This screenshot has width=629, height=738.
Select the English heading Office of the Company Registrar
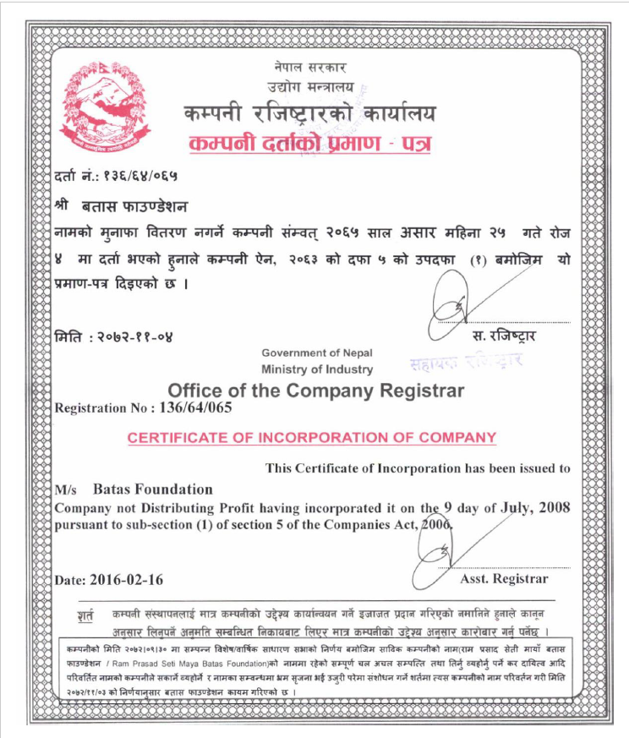tap(316, 391)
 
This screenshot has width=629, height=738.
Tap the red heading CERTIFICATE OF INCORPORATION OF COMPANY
tap(311, 437)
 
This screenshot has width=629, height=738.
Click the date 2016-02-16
tap(121, 580)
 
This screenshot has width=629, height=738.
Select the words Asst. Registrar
tap(505, 579)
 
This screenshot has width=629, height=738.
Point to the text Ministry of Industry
tap(317, 369)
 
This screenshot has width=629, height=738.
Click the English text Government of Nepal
tap(317, 353)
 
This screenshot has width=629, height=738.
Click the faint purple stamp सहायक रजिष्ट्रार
tap(466, 361)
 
